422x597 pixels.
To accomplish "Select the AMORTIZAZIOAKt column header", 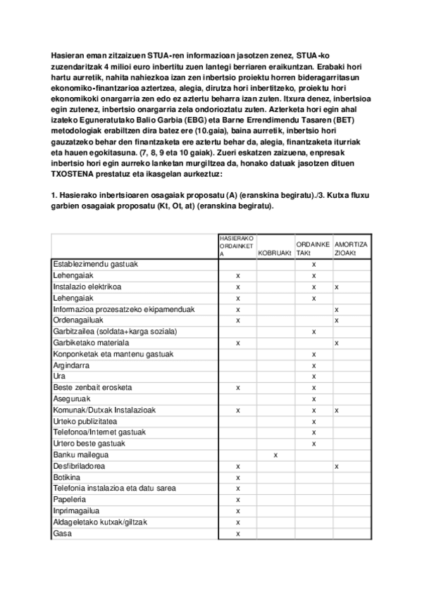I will click(x=351, y=248).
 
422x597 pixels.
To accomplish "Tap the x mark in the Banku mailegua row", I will click(x=275, y=455).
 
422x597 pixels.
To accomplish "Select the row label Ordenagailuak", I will click(x=79, y=320).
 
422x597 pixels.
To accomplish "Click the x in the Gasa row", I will click(x=238, y=534).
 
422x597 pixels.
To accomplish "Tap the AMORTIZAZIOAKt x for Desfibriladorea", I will click(x=337, y=466).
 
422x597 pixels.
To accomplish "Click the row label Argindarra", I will click(x=73, y=365).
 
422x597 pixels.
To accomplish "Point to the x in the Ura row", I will click(x=313, y=376).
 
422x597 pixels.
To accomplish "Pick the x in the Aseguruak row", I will click(x=313, y=398).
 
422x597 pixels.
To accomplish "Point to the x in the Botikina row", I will click(x=238, y=477).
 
